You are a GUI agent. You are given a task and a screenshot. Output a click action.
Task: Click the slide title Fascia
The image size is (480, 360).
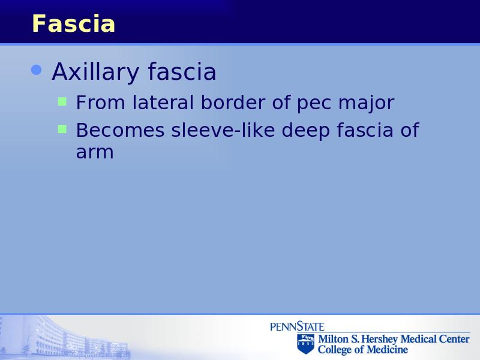(73, 23)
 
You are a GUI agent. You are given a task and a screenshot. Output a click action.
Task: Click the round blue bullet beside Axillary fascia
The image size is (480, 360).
(37, 70)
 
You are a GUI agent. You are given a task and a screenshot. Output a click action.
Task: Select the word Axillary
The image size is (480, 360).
(95, 72)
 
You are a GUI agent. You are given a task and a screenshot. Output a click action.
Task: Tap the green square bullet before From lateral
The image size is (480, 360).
(62, 101)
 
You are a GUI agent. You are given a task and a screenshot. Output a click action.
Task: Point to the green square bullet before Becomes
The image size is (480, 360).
(62, 129)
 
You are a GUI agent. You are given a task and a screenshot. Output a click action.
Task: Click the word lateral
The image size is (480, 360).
(163, 102)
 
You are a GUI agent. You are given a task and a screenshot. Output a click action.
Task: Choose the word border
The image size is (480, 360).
(233, 102)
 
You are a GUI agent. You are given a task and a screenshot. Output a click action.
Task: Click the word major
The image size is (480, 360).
(366, 103)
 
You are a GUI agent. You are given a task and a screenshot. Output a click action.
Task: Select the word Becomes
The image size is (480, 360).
(121, 130)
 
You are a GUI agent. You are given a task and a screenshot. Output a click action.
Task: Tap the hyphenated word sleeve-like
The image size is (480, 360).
(223, 130)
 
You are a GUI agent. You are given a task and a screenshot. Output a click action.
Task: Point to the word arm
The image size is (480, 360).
(95, 152)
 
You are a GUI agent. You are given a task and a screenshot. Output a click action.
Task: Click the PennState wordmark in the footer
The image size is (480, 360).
(297, 326)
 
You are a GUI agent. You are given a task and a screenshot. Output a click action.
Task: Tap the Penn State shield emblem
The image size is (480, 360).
(305, 344)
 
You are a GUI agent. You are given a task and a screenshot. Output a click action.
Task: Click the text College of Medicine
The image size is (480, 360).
(363, 350)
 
